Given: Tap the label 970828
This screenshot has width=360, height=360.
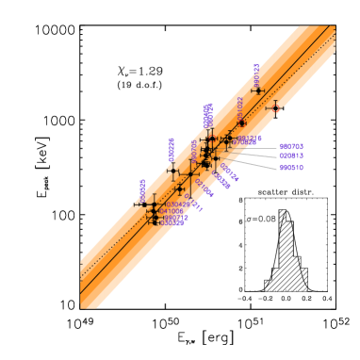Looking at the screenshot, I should click(x=243, y=143).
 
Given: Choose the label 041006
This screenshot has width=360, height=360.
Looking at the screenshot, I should click(x=172, y=211).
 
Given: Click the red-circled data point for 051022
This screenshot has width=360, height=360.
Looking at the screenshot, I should click(x=241, y=123).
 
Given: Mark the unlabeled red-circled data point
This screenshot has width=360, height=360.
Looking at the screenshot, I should click(x=275, y=108).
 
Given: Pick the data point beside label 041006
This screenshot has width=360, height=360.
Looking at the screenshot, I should click(x=153, y=211).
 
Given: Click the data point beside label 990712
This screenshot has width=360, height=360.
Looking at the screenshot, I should click(x=154, y=218).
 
